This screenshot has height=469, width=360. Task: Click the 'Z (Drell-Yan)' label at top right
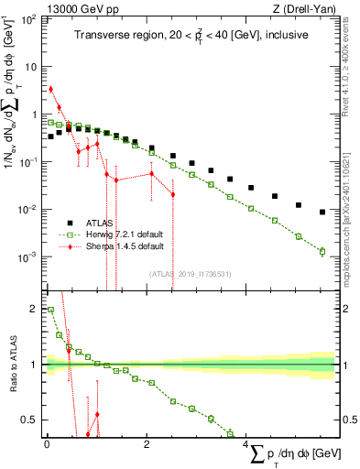[x=308, y=8]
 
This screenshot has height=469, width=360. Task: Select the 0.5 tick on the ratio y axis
[x=31, y=420]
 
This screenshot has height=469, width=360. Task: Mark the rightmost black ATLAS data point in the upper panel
[x=322, y=213]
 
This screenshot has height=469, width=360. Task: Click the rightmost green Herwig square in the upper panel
[x=322, y=251]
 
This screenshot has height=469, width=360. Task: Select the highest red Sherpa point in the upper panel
[x=50, y=89]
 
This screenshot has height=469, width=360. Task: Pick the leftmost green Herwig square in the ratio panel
[x=50, y=310]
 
